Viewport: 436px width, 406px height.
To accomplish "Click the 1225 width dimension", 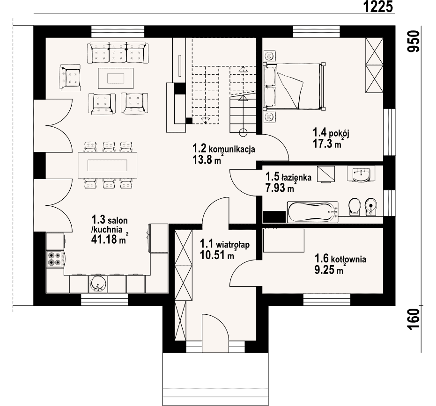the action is click(x=378, y=7).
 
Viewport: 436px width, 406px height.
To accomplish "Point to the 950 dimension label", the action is click(x=413, y=41).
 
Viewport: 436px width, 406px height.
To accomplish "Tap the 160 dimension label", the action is click(x=414, y=319).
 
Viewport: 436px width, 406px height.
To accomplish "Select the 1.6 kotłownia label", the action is click(x=340, y=259).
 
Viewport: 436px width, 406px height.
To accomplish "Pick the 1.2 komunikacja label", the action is click(x=223, y=149).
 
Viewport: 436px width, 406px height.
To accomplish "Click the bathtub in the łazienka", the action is click(x=313, y=212).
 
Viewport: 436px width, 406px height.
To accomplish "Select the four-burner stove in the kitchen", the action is click(x=54, y=259).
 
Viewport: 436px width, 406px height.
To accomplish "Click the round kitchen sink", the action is click(x=98, y=284).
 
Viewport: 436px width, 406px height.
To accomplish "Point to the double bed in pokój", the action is click(x=294, y=87).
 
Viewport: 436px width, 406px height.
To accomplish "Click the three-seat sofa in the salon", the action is click(x=118, y=52).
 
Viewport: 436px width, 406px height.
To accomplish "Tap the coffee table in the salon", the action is click(x=116, y=78).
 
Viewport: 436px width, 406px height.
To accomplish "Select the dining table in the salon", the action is click(x=108, y=165).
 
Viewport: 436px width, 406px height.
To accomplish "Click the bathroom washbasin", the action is click(x=361, y=174).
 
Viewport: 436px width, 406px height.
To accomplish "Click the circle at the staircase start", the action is click(x=244, y=132).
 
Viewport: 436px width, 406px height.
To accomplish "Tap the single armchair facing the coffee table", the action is click(x=70, y=78).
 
